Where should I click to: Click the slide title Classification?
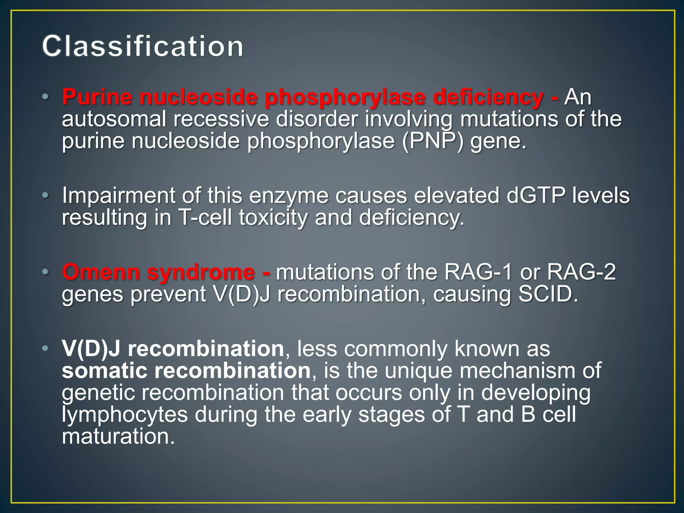(x=143, y=46)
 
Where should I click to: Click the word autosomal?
(x=114, y=119)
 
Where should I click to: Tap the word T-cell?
(x=205, y=217)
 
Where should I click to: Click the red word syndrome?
(x=201, y=273)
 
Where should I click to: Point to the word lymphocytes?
(x=125, y=415)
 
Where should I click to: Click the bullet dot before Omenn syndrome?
(x=45, y=272)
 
